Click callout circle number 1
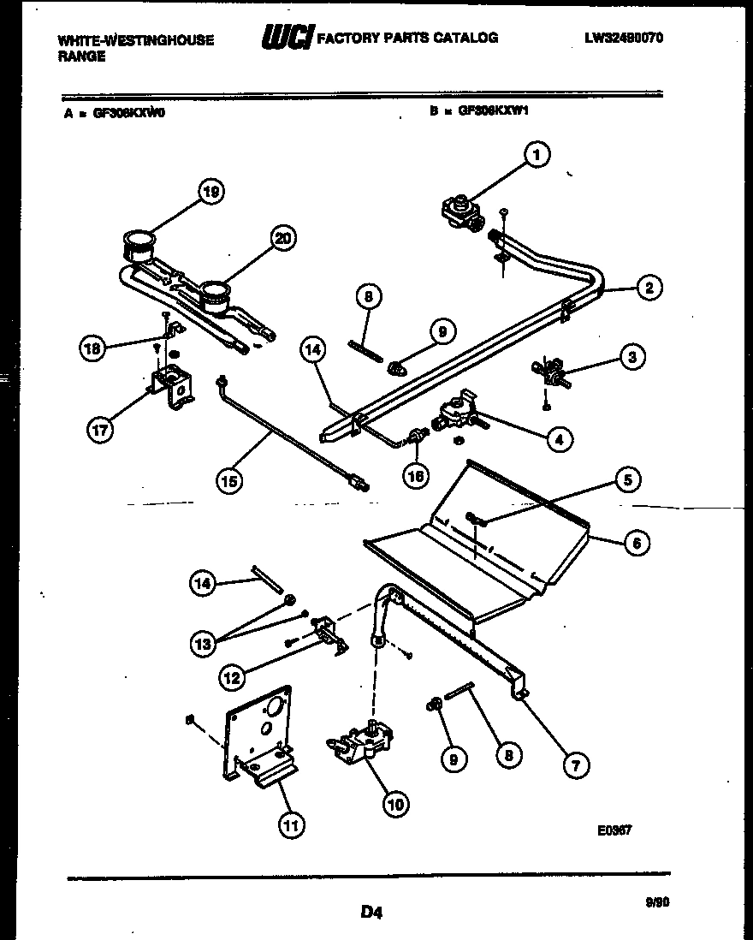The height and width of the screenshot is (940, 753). click(537, 155)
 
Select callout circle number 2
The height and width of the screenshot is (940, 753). click(649, 289)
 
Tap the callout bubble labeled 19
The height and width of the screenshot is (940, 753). click(210, 193)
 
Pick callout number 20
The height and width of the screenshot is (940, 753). click(282, 238)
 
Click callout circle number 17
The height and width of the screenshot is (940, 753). click(100, 431)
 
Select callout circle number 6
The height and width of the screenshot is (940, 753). click(636, 542)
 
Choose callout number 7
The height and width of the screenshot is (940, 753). click(575, 766)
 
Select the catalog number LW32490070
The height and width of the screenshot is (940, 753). click(624, 39)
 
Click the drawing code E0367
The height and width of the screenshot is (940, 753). click(614, 830)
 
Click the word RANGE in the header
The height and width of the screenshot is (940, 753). click(82, 57)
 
